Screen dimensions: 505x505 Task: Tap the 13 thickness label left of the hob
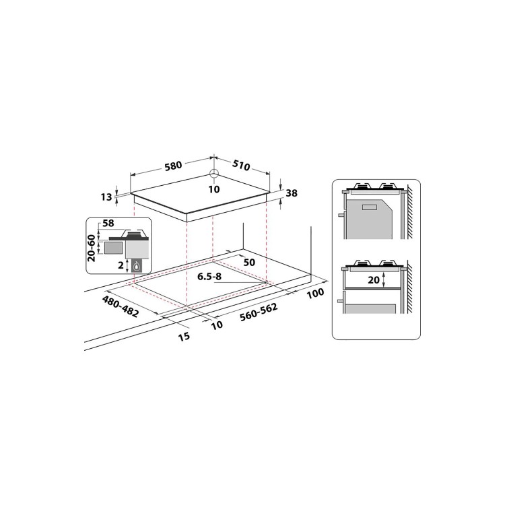tap(106, 197)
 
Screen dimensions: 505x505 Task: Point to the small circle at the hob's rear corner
tap(214, 174)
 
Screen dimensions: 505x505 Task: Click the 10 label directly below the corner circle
tap(214, 189)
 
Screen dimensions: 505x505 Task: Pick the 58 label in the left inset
tap(106, 222)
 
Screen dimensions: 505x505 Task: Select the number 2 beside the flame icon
tap(120, 265)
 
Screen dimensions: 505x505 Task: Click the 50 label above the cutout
tap(250, 261)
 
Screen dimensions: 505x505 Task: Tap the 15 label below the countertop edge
tap(183, 335)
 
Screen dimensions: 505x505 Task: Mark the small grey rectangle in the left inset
tap(114, 247)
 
